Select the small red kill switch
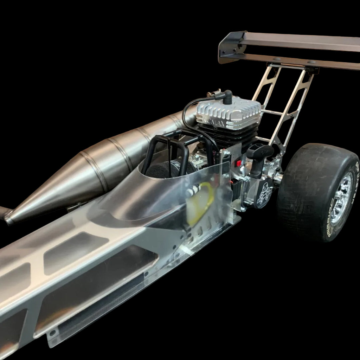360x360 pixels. [x=239, y=163]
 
